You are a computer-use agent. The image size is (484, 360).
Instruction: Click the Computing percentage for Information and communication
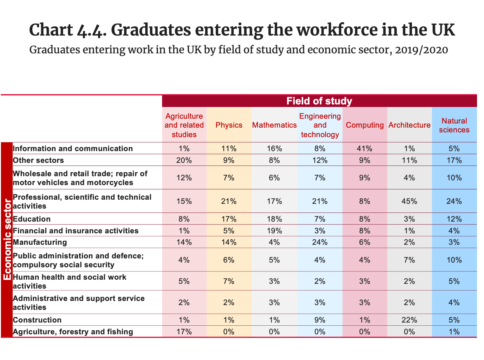pyautogui.click(x=364, y=149)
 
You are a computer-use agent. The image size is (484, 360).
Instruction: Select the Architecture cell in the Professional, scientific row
pyautogui.click(x=409, y=201)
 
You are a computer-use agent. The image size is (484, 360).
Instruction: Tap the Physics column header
pyautogui.click(x=229, y=125)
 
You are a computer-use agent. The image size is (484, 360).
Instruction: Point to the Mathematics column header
pyautogui.click(x=274, y=125)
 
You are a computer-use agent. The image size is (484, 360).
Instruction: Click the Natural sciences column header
pyautogui.click(x=454, y=125)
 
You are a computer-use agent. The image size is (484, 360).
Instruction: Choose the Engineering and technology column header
pyautogui.click(x=320, y=125)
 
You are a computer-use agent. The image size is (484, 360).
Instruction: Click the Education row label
pyautogui.click(x=32, y=219)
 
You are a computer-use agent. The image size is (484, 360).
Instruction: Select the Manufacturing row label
pyautogui.click(x=40, y=242)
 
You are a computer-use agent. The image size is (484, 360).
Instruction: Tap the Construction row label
pyautogui.click(x=37, y=320)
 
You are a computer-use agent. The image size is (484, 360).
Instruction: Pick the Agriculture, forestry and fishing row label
pyautogui.click(x=73, y=332)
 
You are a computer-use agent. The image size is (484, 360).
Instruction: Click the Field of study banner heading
pyautogui.click(x=319, y=101)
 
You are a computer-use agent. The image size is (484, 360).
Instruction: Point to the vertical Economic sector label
pyautogui.click(x=7, y=240)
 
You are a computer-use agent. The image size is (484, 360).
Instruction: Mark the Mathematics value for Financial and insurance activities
pyautogui.click(x=274, y=231)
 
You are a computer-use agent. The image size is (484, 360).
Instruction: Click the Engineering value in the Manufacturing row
pyautogui.click(x=320, y=242)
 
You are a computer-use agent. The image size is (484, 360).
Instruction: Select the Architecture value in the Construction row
pyautogui.click(x=409, y=320)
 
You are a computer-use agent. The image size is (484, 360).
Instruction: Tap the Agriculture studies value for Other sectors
pyautogui.click(x=184, y=160)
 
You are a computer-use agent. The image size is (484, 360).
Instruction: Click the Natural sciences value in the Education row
pyautogui.click(x=454, y=219)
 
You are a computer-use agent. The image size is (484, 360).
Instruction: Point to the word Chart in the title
pyautogui.click(x=51, y=30)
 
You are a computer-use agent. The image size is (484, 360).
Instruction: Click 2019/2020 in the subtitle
pyautogui.click(x=422, y=50)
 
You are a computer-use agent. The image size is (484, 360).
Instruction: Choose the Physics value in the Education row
pyautogui.click(x=229, y=219)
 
